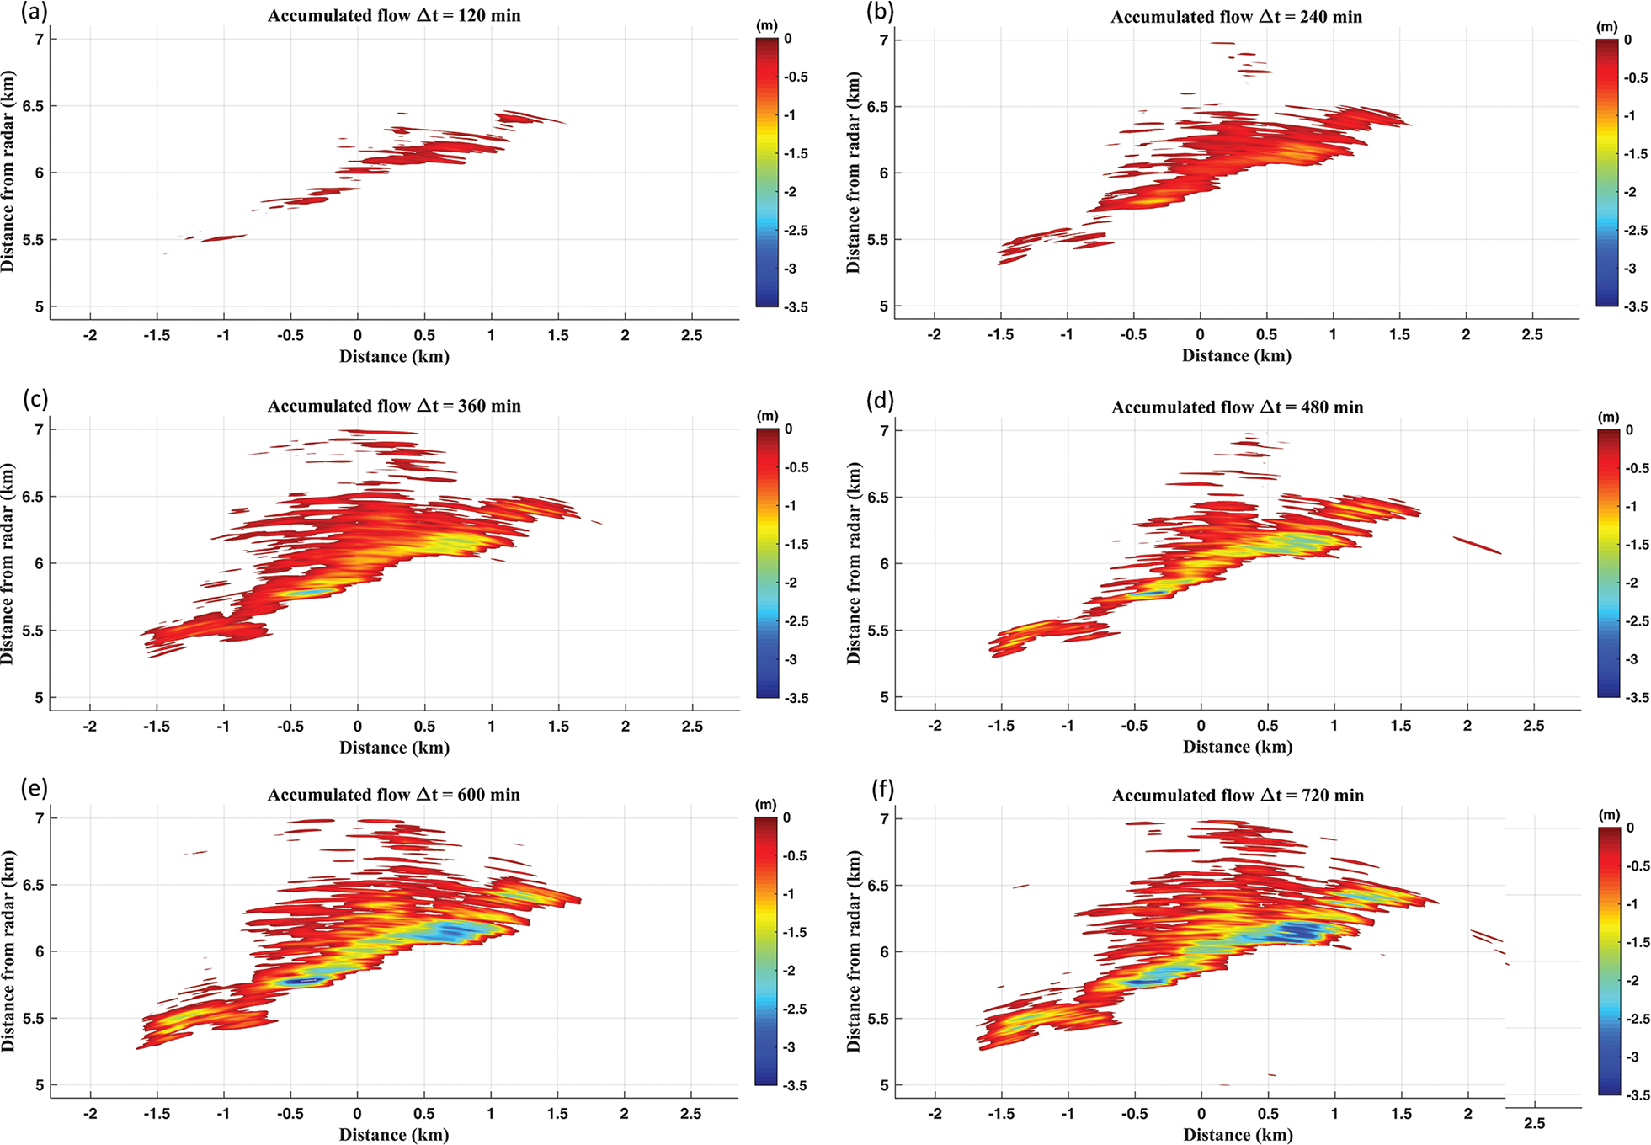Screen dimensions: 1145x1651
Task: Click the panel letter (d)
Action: [x=880, y=401]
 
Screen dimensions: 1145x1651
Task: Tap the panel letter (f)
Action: [x=880, y=790]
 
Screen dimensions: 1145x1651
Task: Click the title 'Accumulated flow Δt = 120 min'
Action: [x=394, y=16]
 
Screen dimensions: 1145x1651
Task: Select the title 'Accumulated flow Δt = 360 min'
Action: [x=394, y=407]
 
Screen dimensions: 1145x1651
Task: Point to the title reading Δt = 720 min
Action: [x=1238, y=796]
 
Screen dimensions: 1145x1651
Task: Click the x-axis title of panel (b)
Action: [x=1236, y=356]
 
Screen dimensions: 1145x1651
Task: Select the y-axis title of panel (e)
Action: [x=8, y=951]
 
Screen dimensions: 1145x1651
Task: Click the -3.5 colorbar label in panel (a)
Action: [x=796, y=307]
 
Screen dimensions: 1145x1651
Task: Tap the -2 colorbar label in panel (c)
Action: [x=791, y=583]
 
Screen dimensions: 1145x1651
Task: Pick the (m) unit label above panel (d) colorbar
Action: [x=1608, y=418]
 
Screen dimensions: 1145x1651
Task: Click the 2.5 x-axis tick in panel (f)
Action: [x=1534, y=1124]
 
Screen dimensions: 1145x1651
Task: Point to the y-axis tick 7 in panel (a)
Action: [x=40, y=39]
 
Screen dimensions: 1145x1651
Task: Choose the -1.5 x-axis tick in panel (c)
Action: [x=157, y=726]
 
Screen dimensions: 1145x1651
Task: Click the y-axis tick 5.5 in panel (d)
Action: [x=879, y=631]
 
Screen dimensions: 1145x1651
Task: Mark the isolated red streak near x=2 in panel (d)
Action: [x=1477, y=546]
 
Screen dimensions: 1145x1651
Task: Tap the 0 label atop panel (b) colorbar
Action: [x=1627, y=40]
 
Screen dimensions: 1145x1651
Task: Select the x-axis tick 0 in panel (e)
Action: [x=357, y=1114]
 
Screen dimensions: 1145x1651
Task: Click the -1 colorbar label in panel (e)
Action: [x=790, y=894]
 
